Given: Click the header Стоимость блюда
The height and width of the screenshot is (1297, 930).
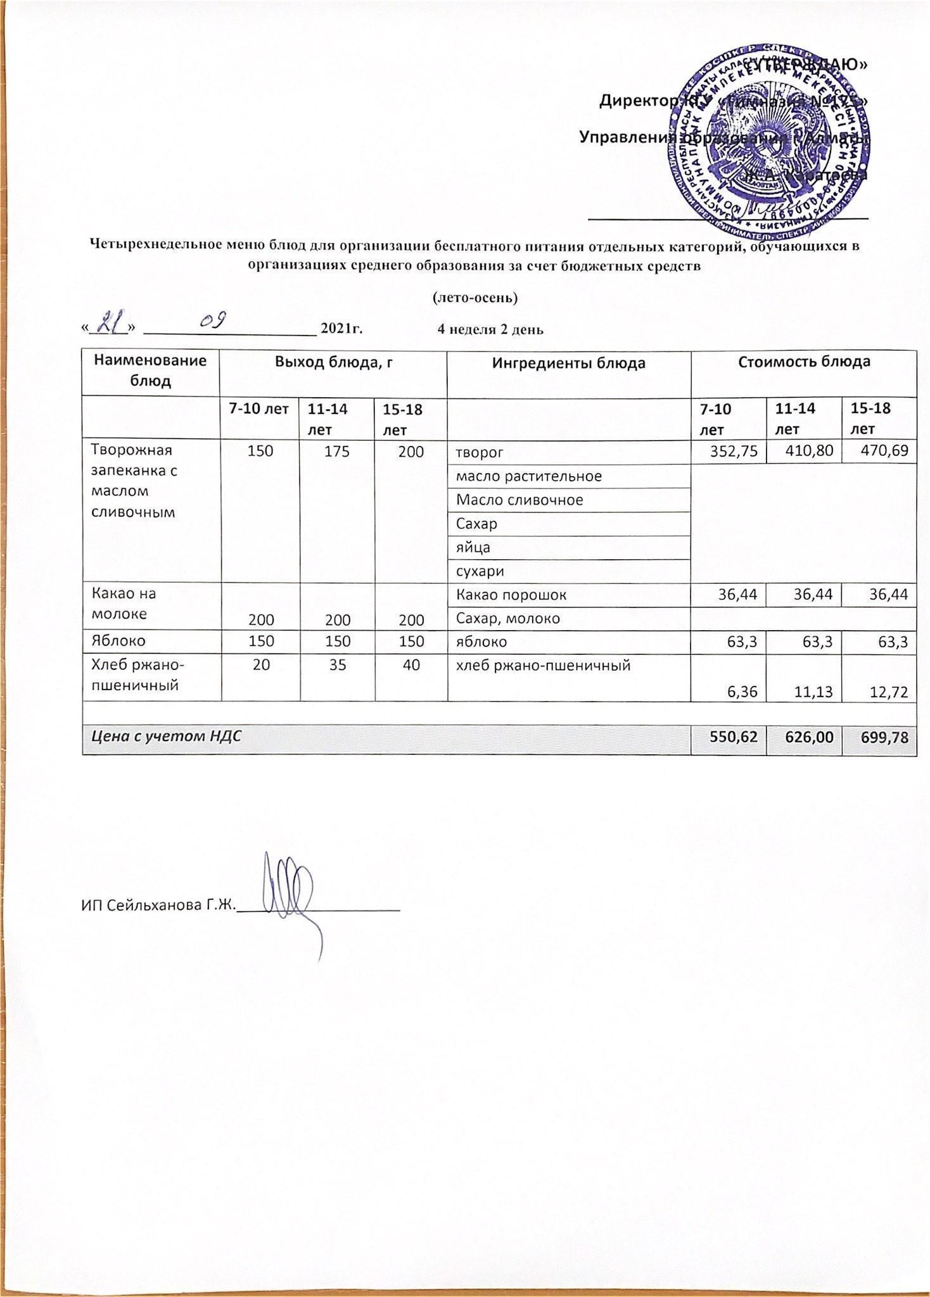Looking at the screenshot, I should (803, 362).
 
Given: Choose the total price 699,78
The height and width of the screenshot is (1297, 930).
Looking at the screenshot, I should (879, 738).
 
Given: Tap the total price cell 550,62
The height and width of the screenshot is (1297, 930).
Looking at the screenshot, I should (729, 738).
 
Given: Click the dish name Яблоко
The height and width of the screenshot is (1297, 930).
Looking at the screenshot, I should (118, 640).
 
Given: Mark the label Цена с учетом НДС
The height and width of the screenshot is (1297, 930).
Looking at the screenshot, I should (167, 737).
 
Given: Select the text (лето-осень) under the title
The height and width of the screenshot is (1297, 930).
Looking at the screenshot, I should (475, 297).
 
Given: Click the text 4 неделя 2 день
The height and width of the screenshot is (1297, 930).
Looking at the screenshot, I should (490, 329).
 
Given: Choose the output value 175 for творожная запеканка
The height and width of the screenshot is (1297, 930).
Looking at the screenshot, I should (337, 451).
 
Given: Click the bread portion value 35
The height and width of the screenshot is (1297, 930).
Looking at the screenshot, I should (337, 664).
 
